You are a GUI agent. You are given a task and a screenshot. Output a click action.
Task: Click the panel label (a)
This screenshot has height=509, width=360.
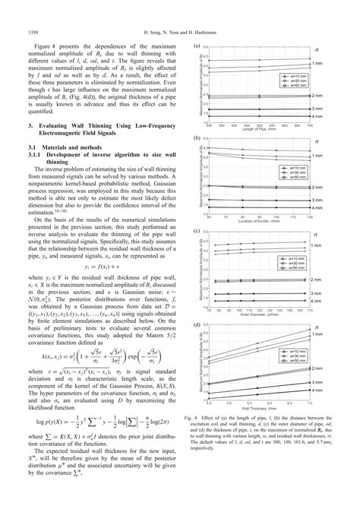pyautogui.click(x=197, y=46)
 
